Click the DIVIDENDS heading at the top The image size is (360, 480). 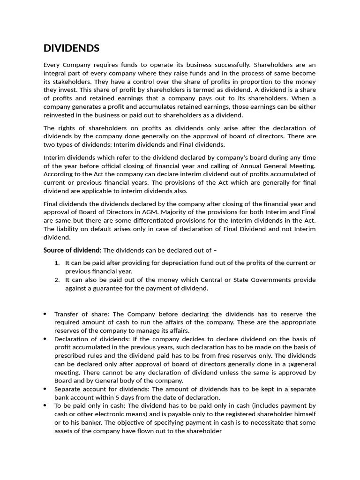(71, 48)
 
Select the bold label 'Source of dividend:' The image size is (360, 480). (72, 250)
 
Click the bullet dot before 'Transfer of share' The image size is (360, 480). (45, 314)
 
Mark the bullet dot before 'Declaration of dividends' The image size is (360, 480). (45, 339)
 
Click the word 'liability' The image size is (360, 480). (69, 229)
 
